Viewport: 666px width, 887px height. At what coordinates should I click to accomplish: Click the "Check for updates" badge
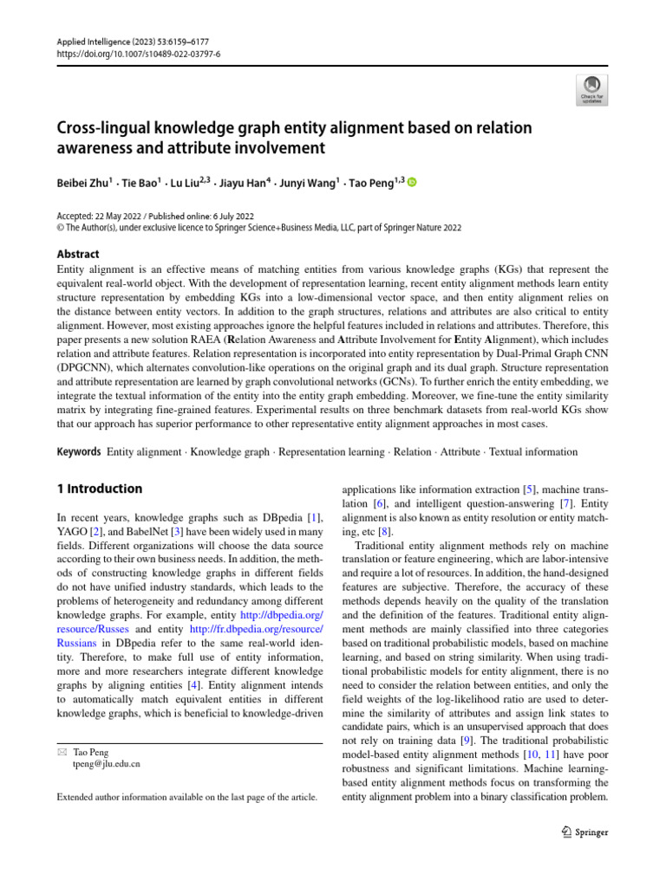click(x=592, y=89)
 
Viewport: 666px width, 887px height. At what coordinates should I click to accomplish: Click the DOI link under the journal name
click(x=138, y=53)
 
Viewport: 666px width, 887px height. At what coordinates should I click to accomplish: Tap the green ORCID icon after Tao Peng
click(x=411, y=183)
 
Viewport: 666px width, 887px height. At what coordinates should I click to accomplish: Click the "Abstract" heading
click(x=77, y=254)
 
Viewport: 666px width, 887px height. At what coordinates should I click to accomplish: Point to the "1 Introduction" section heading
click(x=99, y=489)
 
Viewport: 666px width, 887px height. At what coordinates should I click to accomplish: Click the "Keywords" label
click(x=78, y=451)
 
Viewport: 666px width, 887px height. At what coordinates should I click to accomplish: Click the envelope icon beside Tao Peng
click(x=62, y=752)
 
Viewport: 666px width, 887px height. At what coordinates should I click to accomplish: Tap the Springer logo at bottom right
click(x=579, y=832)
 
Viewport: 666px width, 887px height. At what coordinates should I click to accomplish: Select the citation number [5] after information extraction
click(x=505, y=489)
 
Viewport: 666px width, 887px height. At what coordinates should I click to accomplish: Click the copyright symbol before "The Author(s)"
click(x=60, y=228)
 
